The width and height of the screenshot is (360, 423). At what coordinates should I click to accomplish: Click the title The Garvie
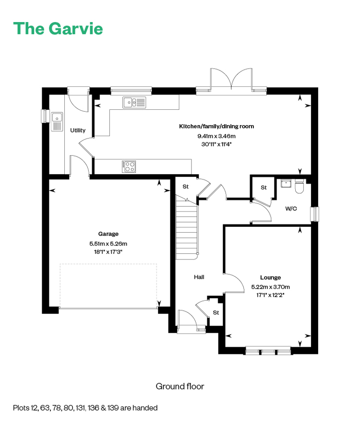click(x=58, y=28)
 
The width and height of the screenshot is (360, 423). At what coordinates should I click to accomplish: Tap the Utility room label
click(x=78, y=130)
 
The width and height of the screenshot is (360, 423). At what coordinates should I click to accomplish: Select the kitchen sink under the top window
click(x=134, y=102)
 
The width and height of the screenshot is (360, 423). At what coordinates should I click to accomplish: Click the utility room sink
click(x=57, y=122)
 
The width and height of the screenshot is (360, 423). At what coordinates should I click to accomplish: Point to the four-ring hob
click(x=129, y=167)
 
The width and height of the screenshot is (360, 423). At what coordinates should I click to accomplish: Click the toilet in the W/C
click(x=300, y=186)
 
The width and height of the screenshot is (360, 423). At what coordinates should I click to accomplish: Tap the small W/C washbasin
click(x=286, y=183)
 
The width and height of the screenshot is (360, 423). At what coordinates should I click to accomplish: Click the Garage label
click(x=108, y=234)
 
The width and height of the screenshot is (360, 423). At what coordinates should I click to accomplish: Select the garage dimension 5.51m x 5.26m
click(x=108, y=244)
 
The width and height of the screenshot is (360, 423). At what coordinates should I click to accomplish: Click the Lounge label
click(x=270, y=277)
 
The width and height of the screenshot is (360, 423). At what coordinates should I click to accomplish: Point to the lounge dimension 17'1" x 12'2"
click(x=270, y=295)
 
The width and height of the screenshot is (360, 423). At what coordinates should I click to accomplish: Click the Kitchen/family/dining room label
click(x=216, y=126)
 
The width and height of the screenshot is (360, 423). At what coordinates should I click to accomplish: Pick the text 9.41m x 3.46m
click(x=216, y=136)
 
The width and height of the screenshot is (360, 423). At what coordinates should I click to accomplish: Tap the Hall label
click(x=199, y=277)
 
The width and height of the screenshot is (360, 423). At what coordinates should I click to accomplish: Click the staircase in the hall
click(x=187, y=228)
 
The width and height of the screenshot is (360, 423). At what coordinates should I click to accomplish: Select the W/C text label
click(x=291, y=209)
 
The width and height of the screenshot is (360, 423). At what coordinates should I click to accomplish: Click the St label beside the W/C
click(x=264, y=188)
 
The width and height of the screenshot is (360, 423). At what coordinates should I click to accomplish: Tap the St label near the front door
click(x=216, y=313)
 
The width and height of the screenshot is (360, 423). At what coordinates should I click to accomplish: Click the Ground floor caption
click(x=180, y=387)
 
